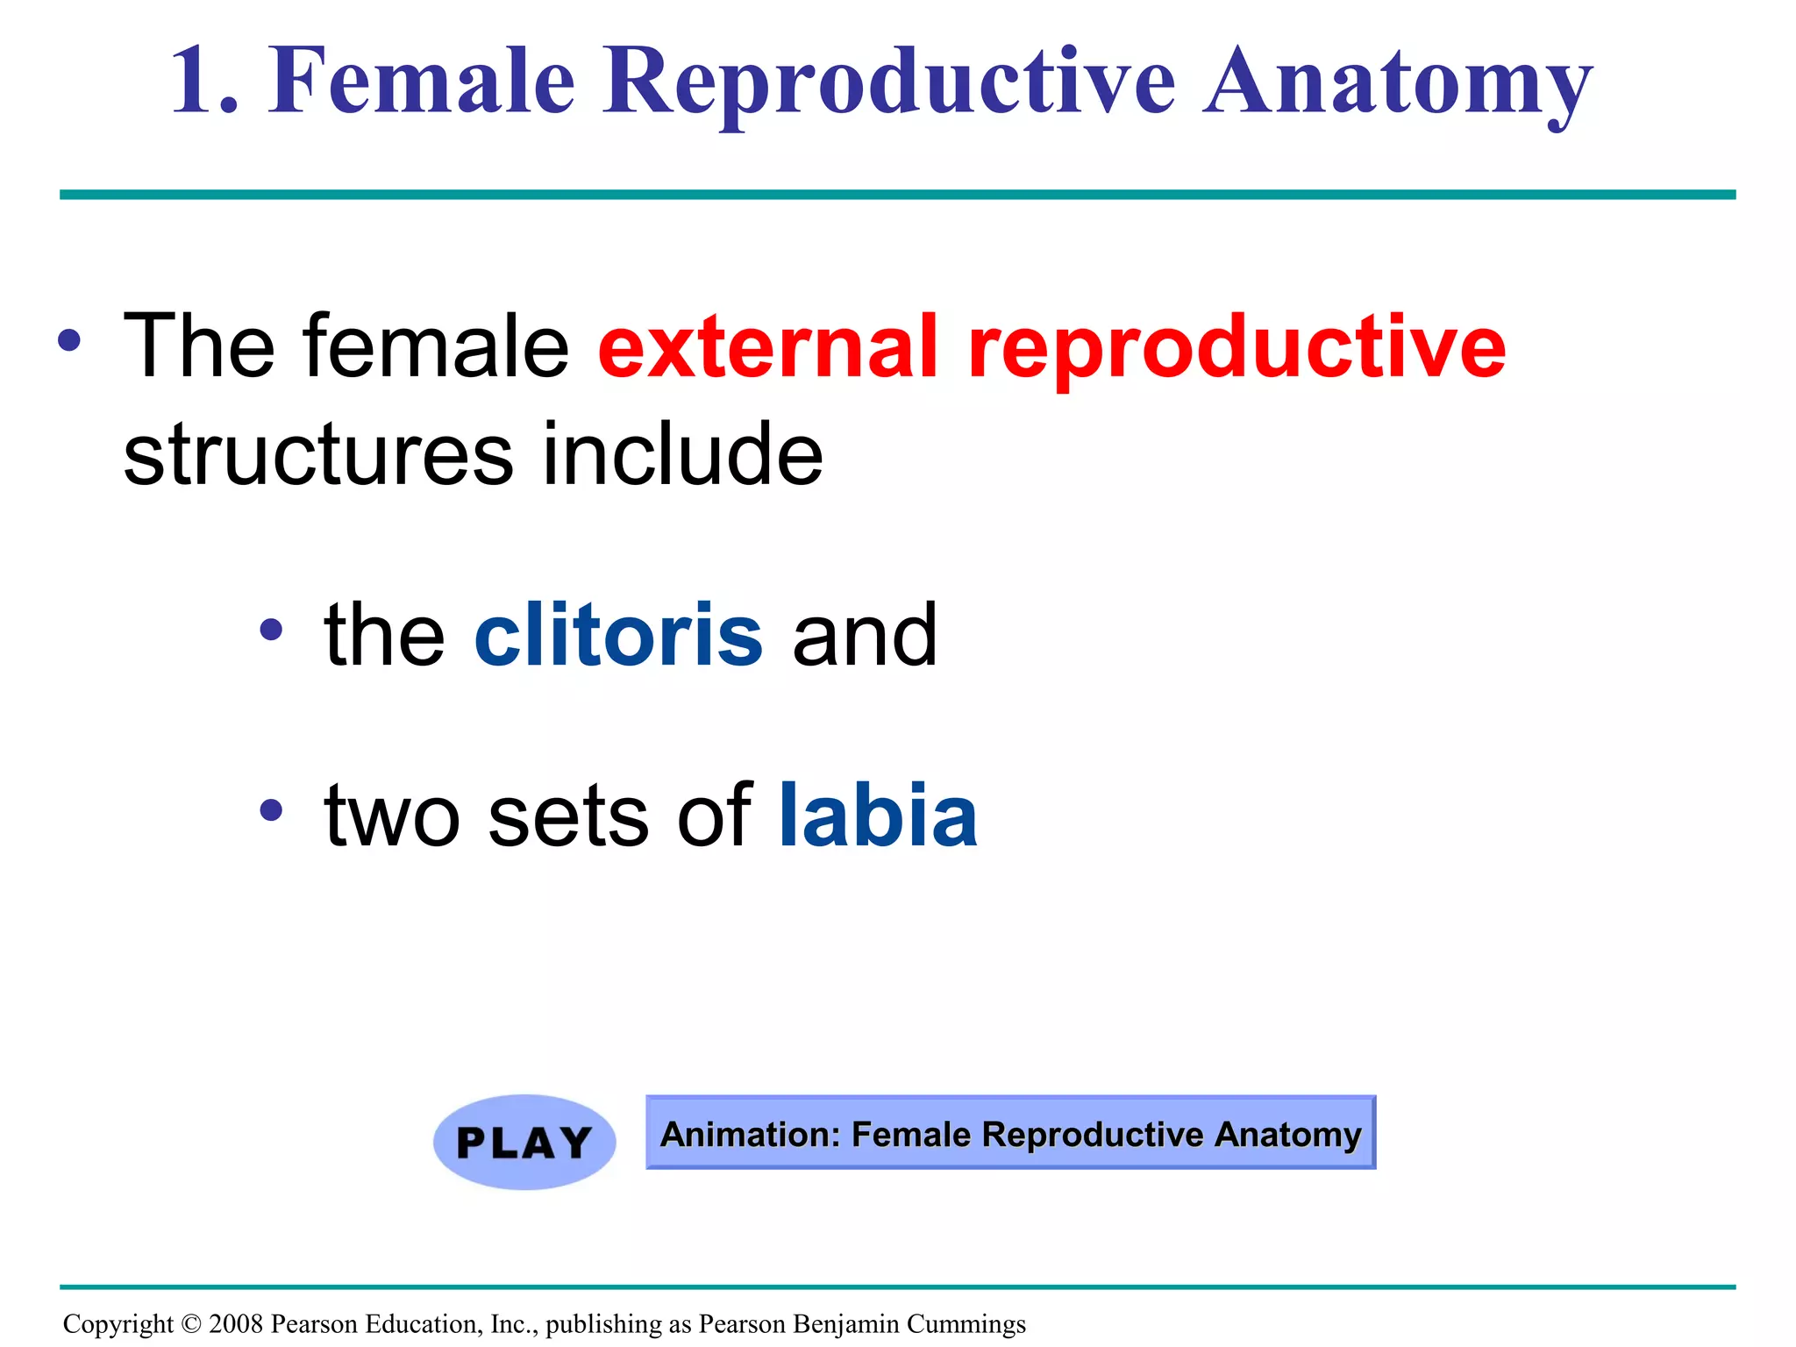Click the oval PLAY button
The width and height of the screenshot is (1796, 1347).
point(524,1142)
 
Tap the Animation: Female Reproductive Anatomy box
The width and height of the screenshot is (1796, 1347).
point(1010,1133)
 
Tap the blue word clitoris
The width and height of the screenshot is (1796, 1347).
point(618,635)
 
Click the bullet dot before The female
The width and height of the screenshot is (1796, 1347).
point(70,340)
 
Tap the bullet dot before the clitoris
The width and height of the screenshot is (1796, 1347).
point(271,629)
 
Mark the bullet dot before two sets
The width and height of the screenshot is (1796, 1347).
point(271,809)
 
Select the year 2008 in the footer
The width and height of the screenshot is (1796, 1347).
point(236,1323)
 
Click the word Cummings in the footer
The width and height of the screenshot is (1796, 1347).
point(966,1323)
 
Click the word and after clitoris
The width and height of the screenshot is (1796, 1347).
point(864,635)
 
